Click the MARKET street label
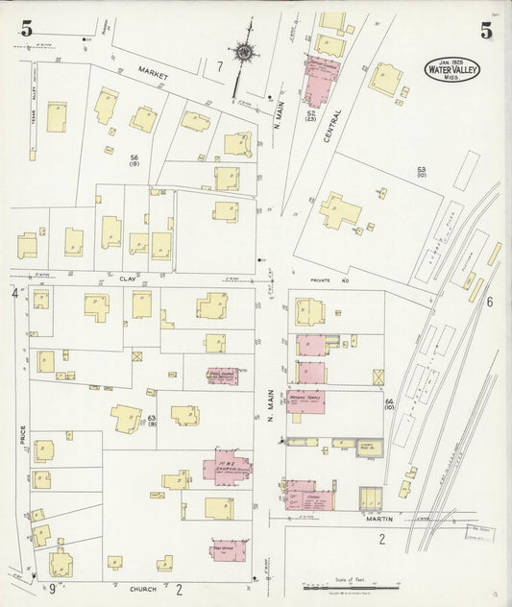(152, 71)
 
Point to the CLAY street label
(128, 278)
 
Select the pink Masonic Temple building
(305, 401)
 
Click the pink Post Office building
(231, 551)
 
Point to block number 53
(421, 170)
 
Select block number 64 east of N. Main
(389, 401)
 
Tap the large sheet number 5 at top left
(26, 29)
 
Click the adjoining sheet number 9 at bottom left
(53, 589)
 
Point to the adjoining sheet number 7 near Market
(219, 66)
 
